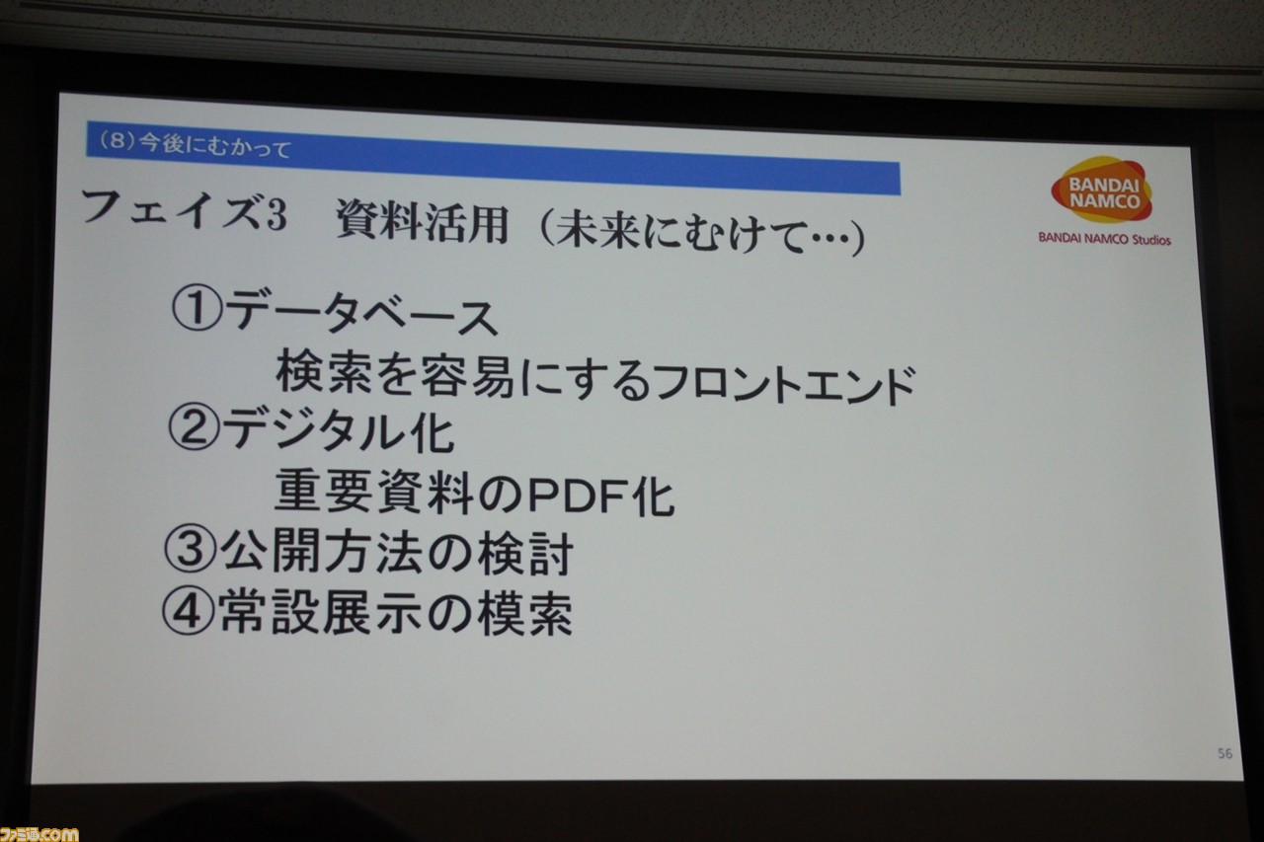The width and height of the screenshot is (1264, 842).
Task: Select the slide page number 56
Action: (1225, 753)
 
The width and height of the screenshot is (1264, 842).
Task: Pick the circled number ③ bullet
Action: (191, 549)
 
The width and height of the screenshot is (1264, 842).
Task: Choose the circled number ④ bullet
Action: (189, 611)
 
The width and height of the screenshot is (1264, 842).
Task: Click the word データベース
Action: (361, 314)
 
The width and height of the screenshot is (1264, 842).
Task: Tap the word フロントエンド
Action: (785, 384)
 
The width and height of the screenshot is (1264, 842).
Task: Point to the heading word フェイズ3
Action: (184, 211)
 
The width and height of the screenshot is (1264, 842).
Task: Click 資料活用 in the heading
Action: (422, 222)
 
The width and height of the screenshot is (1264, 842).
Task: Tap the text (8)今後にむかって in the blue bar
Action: (195, 144)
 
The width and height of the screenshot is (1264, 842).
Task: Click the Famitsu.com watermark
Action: (39, 834)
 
